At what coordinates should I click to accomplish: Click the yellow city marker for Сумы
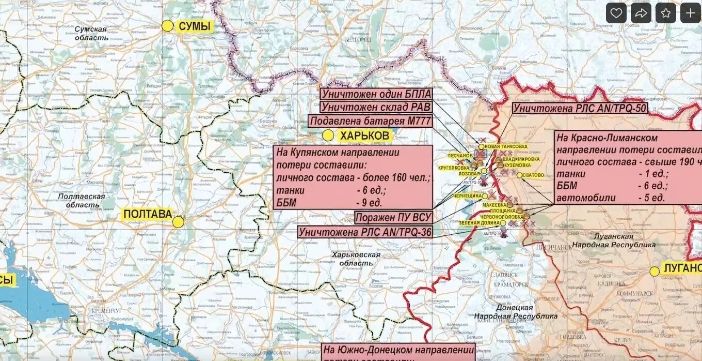point(167,26)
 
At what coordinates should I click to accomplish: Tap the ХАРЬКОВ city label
point(364,136)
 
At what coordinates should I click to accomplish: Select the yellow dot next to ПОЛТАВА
point(178,222)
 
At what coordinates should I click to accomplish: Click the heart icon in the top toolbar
point(616,13)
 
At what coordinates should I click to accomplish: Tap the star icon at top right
point(666,13)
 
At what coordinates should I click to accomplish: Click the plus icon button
point(691,13)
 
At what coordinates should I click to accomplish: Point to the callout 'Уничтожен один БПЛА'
point(376,95)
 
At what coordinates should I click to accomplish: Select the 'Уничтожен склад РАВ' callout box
point(376,108)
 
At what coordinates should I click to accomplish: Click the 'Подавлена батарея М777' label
point(370,121)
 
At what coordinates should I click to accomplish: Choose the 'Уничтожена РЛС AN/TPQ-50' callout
point(580,109)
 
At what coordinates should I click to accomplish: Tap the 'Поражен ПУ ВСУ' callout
point(393,217)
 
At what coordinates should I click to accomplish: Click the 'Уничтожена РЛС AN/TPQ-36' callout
point(365,232)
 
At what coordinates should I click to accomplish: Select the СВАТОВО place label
point(533,175)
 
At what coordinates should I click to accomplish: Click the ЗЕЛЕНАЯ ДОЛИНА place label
point(478,223)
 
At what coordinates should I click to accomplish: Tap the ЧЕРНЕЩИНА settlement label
point(468,196)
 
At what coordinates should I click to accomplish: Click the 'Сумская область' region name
point(91,33)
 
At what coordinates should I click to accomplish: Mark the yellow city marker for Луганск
point(655,271)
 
